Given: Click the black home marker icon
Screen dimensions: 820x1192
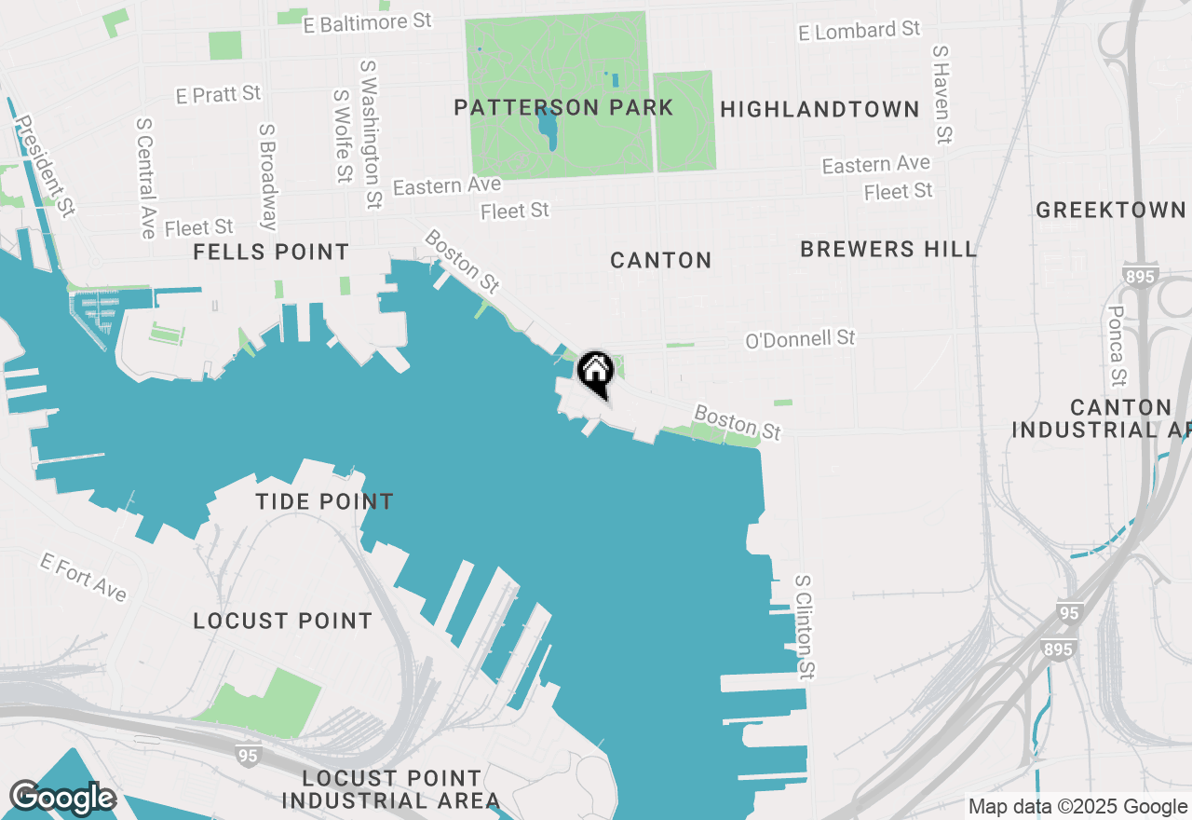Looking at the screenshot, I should (x=595, y=373).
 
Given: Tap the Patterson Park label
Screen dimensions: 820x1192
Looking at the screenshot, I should (x=563, y=108).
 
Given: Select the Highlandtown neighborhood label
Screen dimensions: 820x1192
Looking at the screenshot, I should (x=819, y=110).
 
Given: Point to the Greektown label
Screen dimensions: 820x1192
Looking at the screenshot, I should (x=1111, y=211).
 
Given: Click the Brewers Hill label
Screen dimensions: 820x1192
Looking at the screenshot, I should (x=888, y=250).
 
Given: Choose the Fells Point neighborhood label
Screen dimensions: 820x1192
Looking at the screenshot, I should (x=271, y=253).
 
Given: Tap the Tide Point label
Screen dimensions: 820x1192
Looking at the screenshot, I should (x=324, y=502).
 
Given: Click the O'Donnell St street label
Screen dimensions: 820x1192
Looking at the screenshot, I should (x=800, y=339).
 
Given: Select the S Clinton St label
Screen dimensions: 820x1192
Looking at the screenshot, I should (x=806, y=625).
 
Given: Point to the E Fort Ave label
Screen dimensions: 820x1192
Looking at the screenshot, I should (x=83, y=578).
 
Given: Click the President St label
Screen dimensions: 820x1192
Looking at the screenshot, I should (x=45, y=166).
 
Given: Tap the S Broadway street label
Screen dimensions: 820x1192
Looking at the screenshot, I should (x=269, y=177).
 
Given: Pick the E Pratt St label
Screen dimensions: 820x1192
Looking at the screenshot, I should (x=218, y=94).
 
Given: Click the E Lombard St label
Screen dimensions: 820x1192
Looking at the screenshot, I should (x=860, y=31).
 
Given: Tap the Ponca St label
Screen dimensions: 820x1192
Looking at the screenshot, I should (x=1117, y=345).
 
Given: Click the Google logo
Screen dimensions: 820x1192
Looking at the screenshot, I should (x=62, y=798).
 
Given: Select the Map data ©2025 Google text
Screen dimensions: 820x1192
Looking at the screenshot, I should (x=1077, y=807).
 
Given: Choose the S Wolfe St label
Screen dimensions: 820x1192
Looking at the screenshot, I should (x=343, y=136).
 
